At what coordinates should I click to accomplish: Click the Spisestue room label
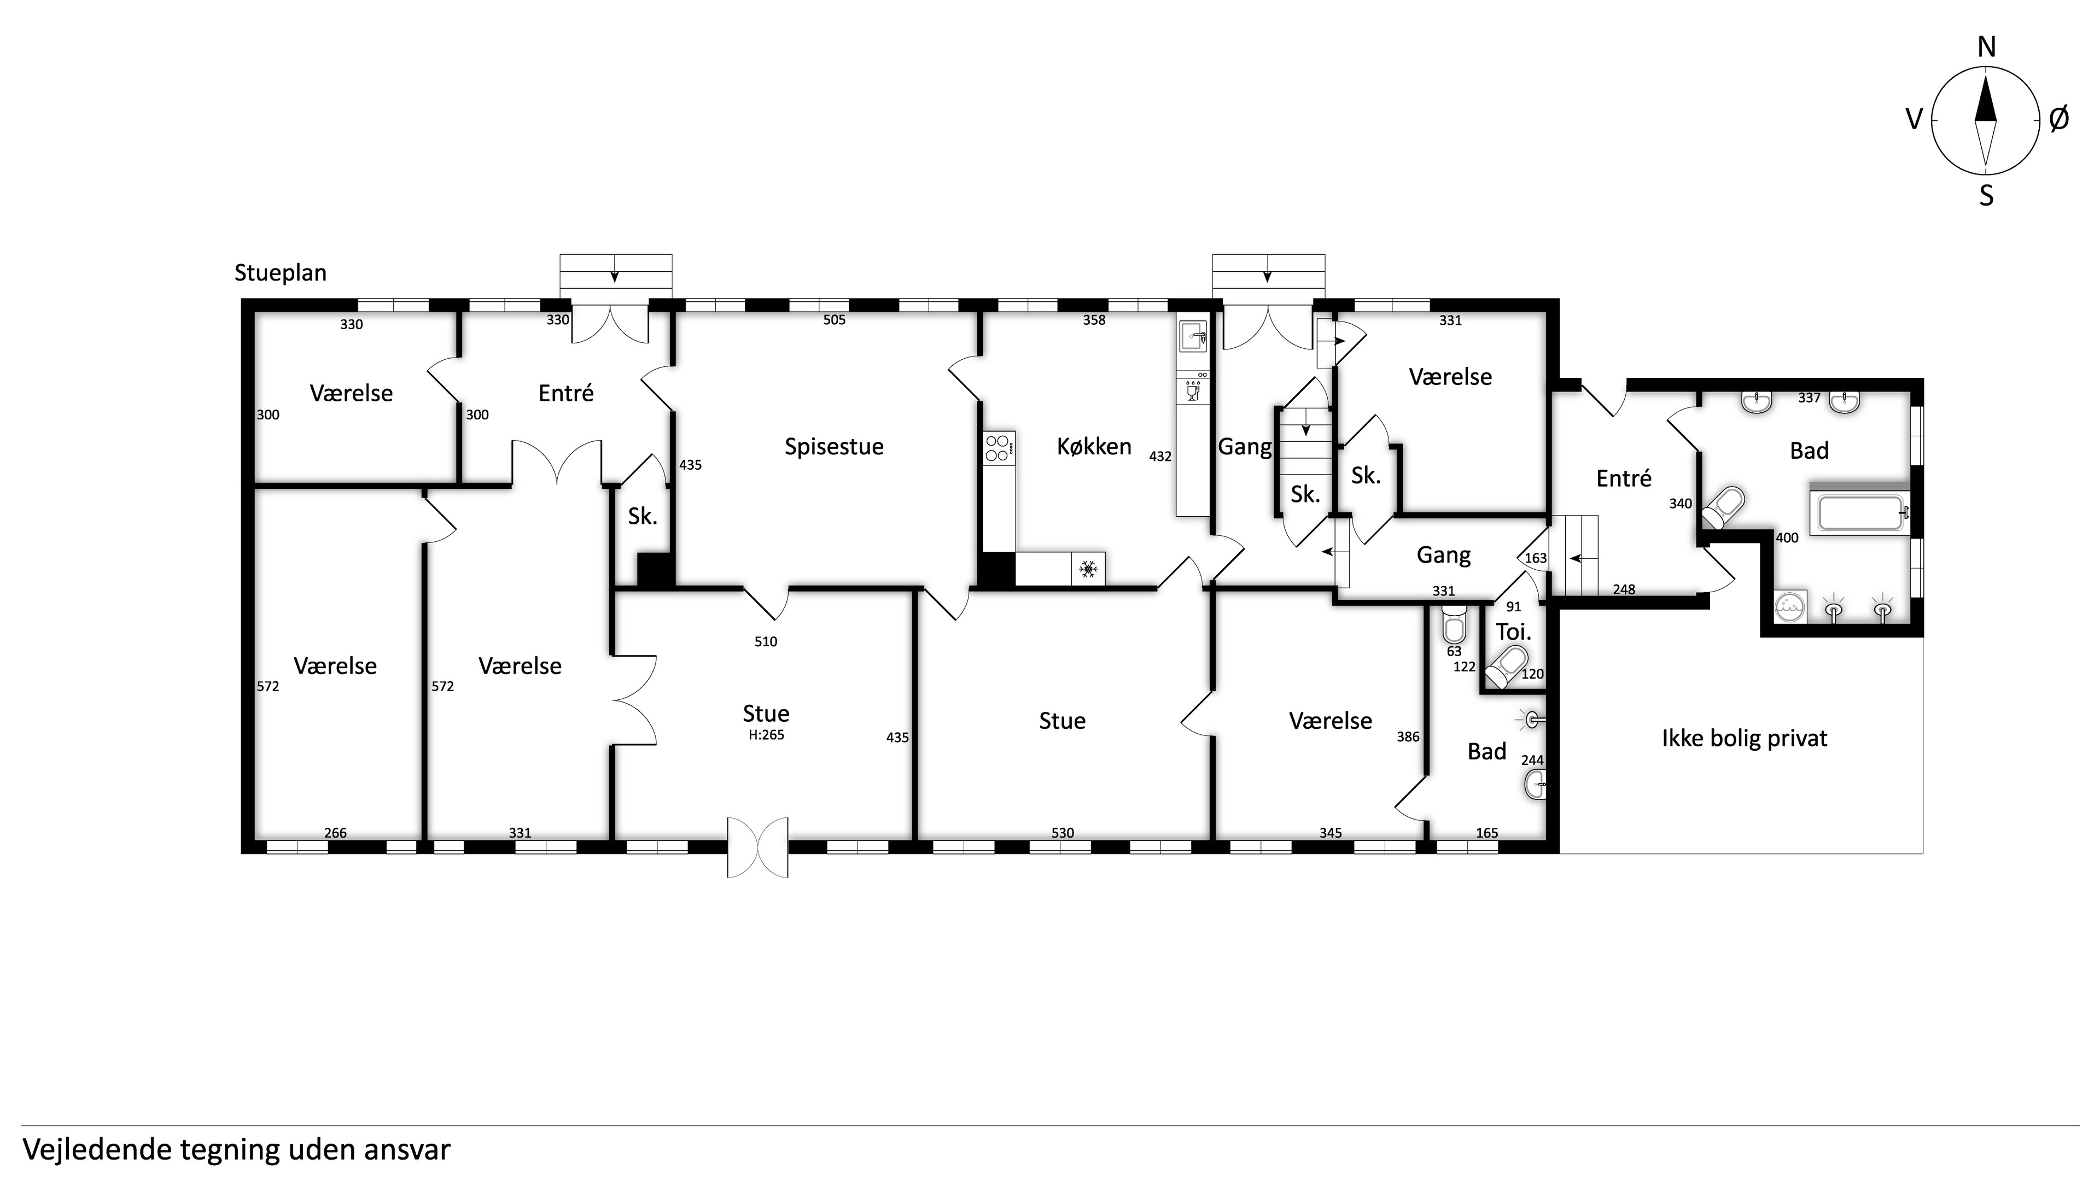coord(834,447)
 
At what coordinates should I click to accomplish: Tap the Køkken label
coord(1094,447)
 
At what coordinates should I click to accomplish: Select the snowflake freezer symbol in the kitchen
coord(1088,569)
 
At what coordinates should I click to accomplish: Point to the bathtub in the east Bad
coord(1859,513)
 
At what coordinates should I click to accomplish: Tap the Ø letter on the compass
coord(2058,120)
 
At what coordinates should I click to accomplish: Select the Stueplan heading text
coord(281,273)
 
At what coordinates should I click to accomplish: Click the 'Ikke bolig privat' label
coord(1745,739)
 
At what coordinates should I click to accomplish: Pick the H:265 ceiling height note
coord(766,734)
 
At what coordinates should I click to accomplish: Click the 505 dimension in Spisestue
coord(834,320)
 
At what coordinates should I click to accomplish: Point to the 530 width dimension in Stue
coord(1062,833)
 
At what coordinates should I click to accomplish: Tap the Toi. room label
coord(1513,632)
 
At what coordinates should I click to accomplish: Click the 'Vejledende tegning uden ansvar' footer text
coord(236,1150)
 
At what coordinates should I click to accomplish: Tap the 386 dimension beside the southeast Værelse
coord(1408,737)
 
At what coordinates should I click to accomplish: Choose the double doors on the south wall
coord(757,847)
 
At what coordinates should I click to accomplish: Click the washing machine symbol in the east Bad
coord(1791,606)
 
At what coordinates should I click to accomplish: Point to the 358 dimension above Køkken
coord(1094,320)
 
